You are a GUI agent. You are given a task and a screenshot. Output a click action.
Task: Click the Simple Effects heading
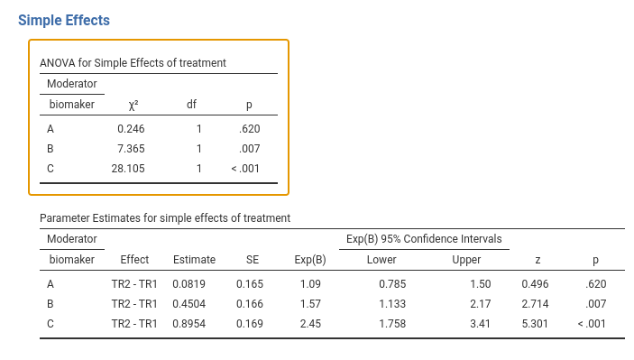pyautogui.click(x=64, y=20)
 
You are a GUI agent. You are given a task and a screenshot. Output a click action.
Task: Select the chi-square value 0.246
pyautogui.click(x=131, y=129)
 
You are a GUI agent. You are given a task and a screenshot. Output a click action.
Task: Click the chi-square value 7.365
pyautogui.click(x=131, y=149)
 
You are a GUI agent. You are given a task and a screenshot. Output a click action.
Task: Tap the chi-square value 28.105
pyautogui.click(x=128, y=169)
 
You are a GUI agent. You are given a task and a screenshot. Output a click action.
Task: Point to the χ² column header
pyautogui.click(x=133, y=106)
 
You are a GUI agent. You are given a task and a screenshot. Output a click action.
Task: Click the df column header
pyautogui.click(x=191, y=105)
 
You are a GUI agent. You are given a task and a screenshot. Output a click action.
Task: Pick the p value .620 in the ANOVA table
pyautogui.click(x=250, y=129)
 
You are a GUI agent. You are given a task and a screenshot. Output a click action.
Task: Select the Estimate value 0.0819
pyautogui.click(x=188, y=284)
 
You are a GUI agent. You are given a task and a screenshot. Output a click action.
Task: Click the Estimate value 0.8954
pyautogui.click(x=188, y=324)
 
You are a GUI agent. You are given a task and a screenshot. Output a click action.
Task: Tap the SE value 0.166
pyautogui.click(x=250, y=304)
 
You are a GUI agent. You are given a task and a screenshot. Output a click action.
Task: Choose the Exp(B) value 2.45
pyautogui.click(x=310, y=324)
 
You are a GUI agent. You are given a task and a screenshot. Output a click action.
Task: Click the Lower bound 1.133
pyautogui.click(x=392, y=304)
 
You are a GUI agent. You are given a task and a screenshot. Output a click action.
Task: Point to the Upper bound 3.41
pyautogui.click(x=481, y=324)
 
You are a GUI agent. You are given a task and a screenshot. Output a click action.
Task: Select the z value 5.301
pyautogui.click(x=535, y=324)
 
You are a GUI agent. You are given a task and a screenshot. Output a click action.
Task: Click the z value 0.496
pyautogui.click(x=535, y=284)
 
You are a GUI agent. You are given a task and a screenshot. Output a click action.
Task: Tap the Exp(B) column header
pyautogui.click(x=310, y=260)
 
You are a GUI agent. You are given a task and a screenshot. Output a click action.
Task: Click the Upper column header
pyautogui.click(x=466, y=260)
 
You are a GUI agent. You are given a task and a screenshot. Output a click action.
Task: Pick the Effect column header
pyautogui.click(x=134, y=259)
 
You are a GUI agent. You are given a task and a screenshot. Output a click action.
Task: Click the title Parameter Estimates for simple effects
pyautogui.click(x=165, y=218)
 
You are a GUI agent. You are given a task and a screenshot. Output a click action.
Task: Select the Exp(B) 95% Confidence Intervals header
pyautogui.click(x=424, y=239)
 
